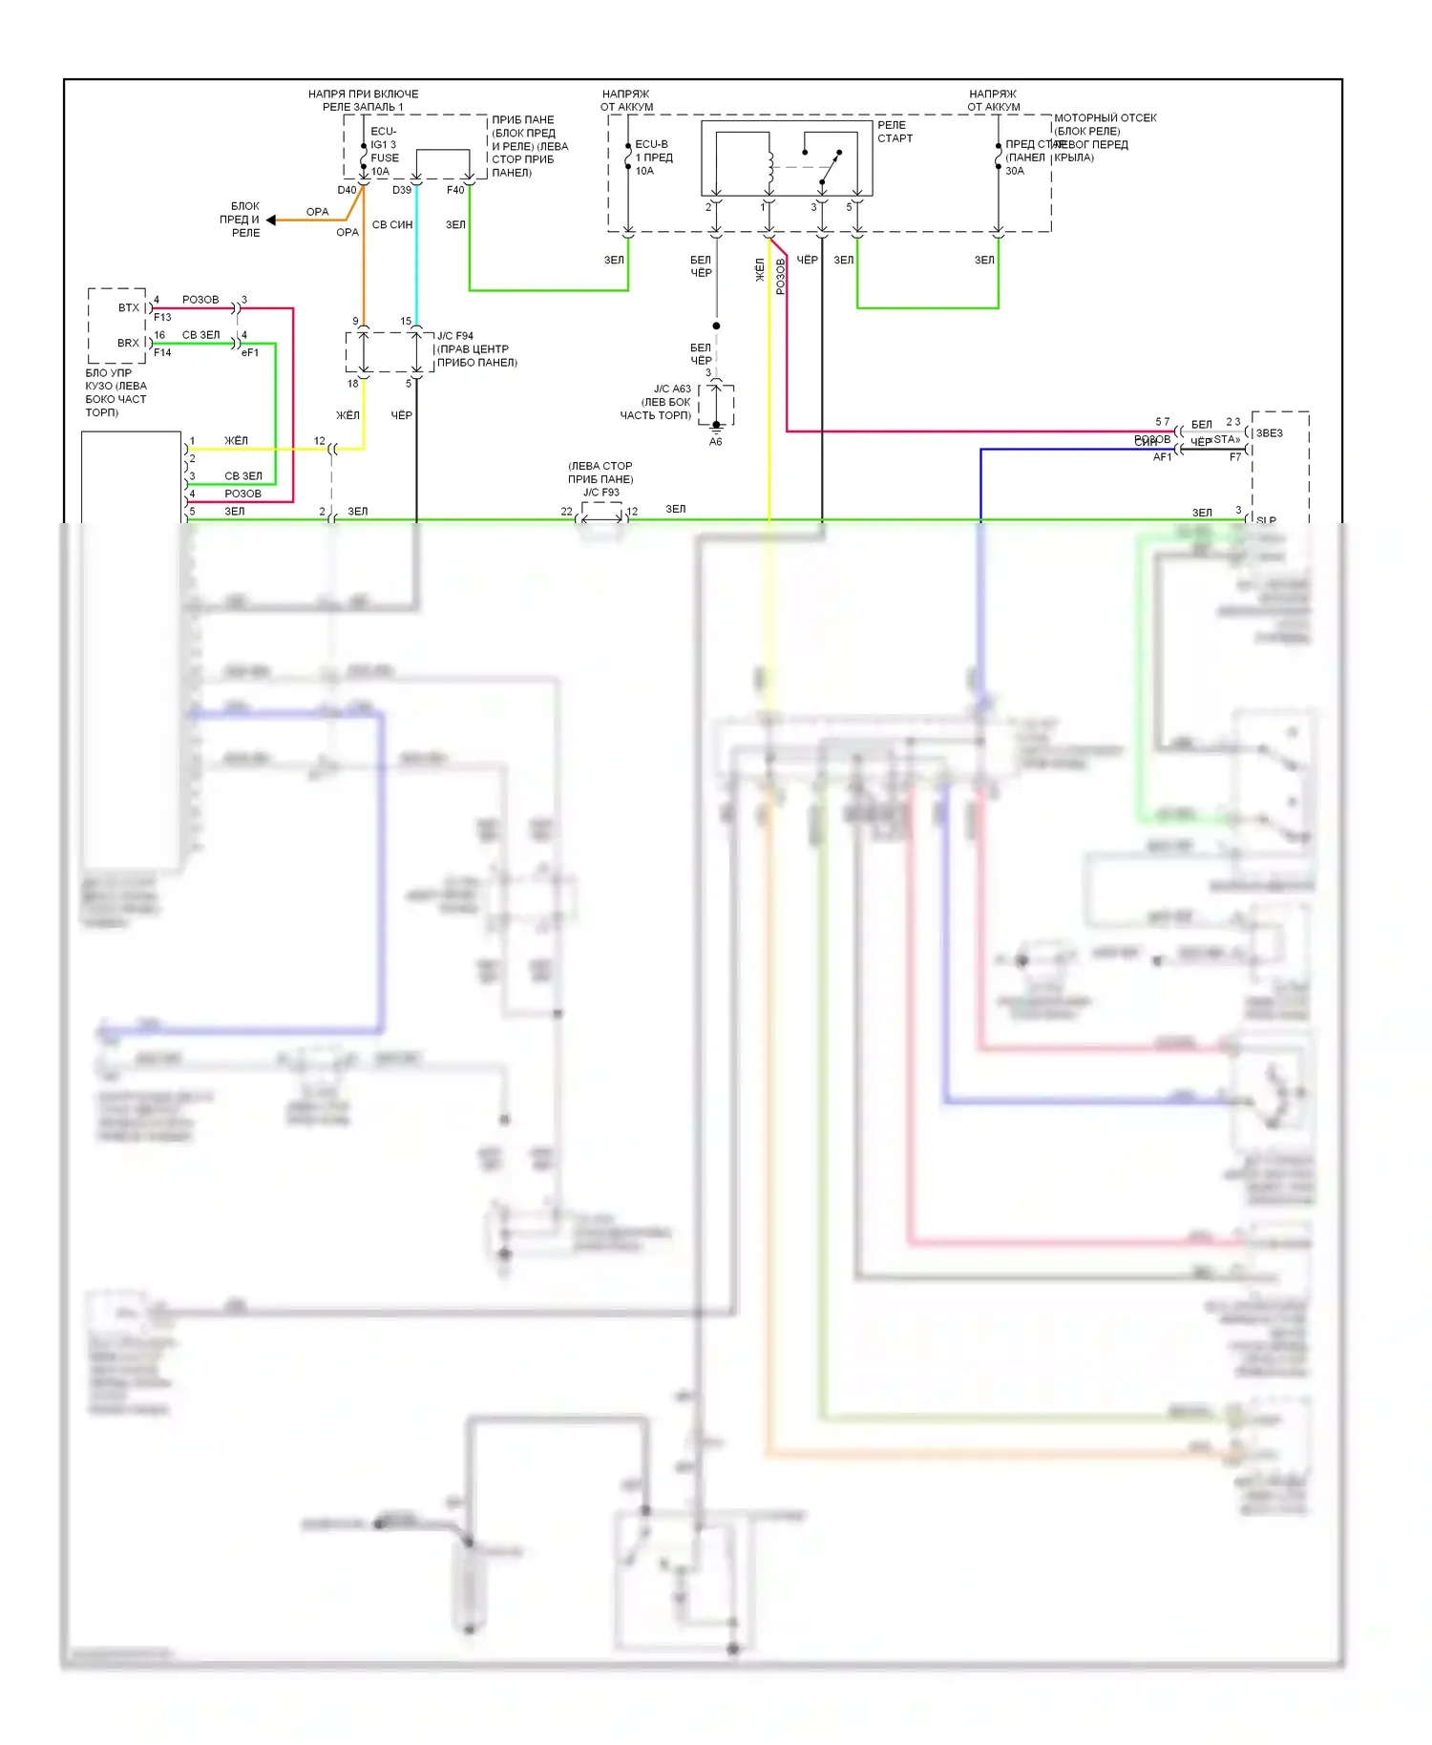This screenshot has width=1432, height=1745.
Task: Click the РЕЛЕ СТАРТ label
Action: [895, 132]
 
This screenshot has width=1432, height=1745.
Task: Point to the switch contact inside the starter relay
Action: [831, 166]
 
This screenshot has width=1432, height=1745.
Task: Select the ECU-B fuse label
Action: [652, 144]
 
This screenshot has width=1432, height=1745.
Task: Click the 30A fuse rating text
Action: [1014, 171]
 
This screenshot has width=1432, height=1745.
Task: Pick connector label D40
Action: [347, 190]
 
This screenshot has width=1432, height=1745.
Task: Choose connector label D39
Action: [402, 190]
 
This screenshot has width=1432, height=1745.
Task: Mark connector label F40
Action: [455, 190]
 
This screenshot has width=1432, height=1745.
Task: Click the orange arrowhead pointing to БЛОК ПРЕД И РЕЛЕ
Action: [271, 220]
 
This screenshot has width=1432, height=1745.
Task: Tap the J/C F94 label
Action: [454, 336]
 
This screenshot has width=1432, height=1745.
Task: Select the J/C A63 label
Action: [672, 389]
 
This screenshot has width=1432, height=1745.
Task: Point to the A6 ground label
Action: [716, 442]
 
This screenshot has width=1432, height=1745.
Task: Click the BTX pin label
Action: [129, 307]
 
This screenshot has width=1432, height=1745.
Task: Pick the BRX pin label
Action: [128, 343]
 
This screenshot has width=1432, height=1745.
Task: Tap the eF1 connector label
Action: [250, 352]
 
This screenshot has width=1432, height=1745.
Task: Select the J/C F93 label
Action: [601, 493]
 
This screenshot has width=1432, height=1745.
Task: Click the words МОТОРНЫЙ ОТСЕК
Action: [1105, 118]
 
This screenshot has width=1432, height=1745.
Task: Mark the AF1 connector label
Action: [1162, 457]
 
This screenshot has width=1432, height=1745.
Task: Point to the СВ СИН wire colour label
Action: [392, 225]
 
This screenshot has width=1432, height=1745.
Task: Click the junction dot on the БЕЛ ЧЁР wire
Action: [716, 326]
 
